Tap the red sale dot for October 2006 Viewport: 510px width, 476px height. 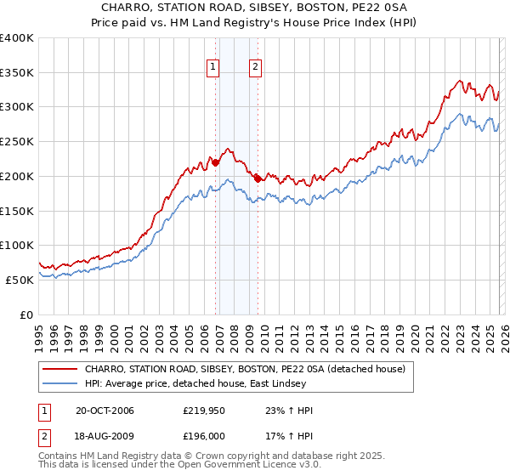tap(216, 161)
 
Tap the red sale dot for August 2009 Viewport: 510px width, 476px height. tap(258, 178)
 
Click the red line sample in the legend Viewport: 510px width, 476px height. tap(60, 369)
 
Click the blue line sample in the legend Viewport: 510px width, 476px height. tap(60, 383)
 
